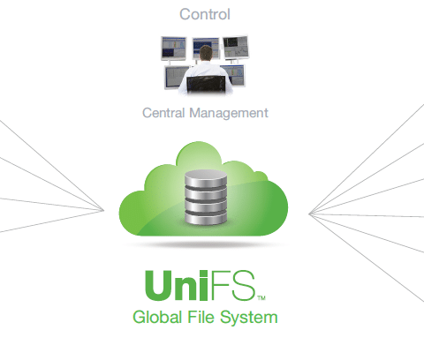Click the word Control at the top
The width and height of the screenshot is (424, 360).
[x=205, y=14]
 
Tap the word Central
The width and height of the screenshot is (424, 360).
[x=163, y=113]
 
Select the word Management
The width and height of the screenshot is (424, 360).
[x=229, y=113]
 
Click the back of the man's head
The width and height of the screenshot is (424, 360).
[x=206, y=53]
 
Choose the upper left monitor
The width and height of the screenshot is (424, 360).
[x=174, y=49]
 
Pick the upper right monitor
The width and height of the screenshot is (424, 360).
[x=236, y=48]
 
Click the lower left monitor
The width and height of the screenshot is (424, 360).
[x=175, y=78]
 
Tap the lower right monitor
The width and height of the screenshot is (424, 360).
[x=234, y=76]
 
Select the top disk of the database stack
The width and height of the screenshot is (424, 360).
[x=206, y=178]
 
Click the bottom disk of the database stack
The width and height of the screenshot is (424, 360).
[x=206, y=219]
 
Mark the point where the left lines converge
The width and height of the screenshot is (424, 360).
[x=103, y=210]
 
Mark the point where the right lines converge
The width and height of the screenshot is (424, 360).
[x=309, y=214]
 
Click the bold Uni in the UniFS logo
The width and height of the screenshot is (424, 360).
[x=176, y=285]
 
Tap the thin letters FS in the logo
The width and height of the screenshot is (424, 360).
[x=232, y=285]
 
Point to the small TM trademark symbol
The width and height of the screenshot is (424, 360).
[x=261, y=298]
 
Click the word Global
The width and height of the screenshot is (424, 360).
[x=157, y=317]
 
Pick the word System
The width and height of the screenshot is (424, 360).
[x=249, y=319]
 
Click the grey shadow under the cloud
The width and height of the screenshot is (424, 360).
[x=206, y=244]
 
